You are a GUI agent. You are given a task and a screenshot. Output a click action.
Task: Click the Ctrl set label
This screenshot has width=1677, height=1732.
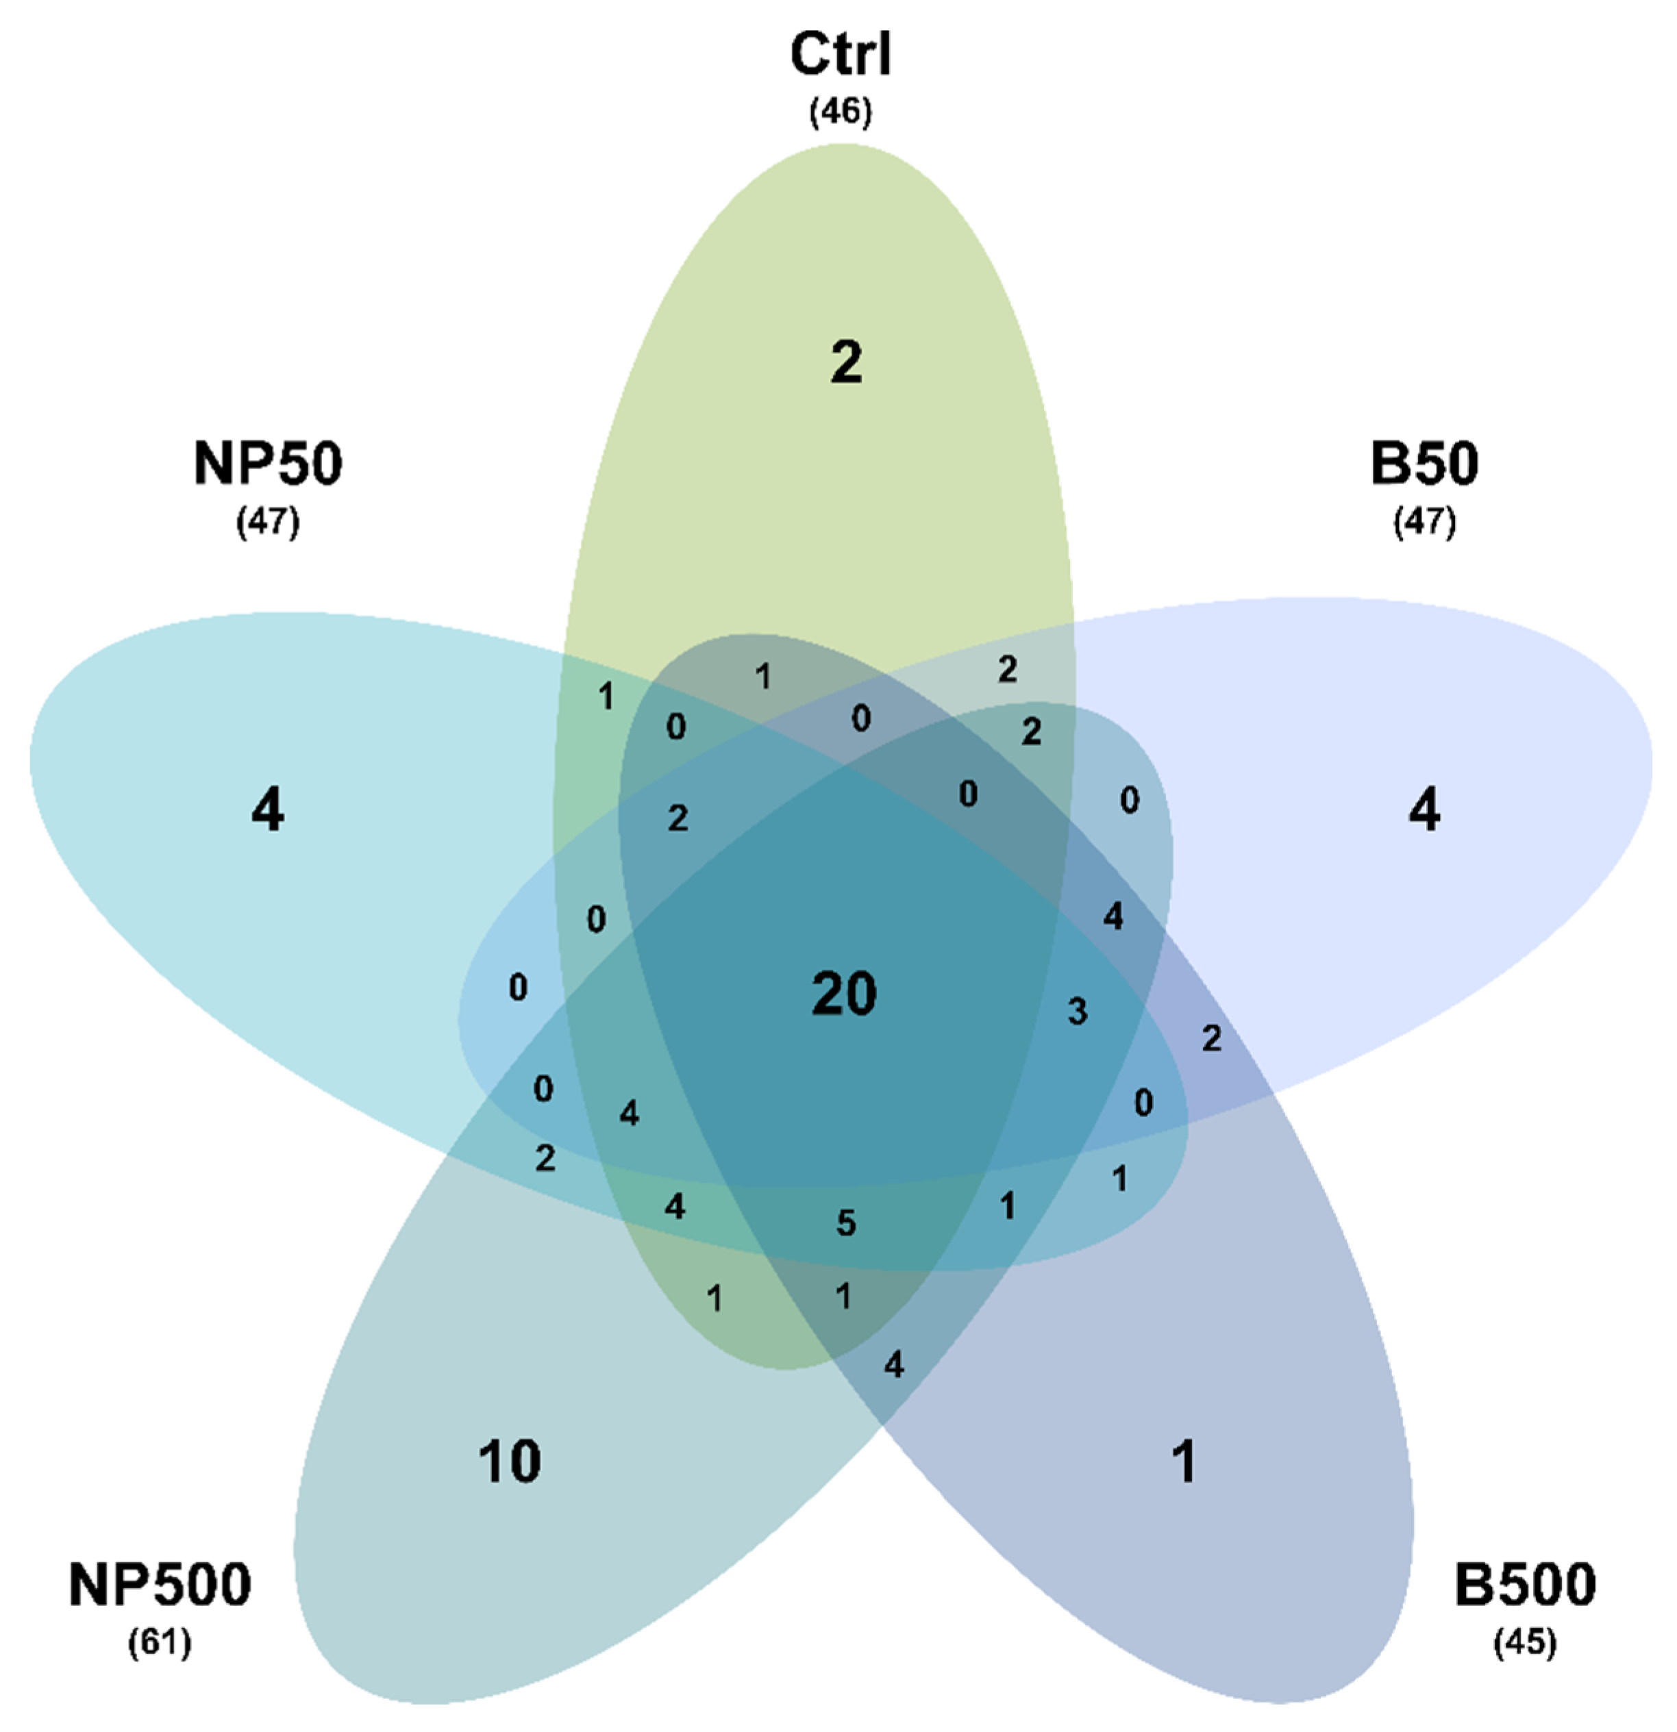tap(840, 55)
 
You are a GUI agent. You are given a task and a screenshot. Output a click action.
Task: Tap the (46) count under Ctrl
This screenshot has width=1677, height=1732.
tap(840, 112)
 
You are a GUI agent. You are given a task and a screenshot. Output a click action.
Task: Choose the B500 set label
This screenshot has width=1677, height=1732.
tap(1525, 1585)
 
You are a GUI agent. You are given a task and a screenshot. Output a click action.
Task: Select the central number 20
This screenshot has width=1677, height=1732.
tap(844, 994)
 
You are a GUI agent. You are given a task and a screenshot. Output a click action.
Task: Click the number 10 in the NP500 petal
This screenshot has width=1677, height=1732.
tap(510, 1462)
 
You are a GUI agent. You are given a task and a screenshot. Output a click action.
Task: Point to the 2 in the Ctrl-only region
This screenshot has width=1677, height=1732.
tap(846, 362)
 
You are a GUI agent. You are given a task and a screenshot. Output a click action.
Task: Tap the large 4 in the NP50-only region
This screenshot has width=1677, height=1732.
tap(268, 810)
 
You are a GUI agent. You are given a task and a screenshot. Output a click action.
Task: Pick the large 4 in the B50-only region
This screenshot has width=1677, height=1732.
tap(1424, 810)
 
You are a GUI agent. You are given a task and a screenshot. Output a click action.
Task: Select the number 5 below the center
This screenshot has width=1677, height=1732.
tap(846, 1223)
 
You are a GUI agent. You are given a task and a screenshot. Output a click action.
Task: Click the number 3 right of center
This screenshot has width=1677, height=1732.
tap(1077, 1011)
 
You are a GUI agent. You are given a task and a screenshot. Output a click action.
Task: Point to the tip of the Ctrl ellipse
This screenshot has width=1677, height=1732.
tap(844, 147)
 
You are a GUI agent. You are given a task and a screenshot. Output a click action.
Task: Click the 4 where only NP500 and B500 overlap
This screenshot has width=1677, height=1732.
tap(894, 1366)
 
